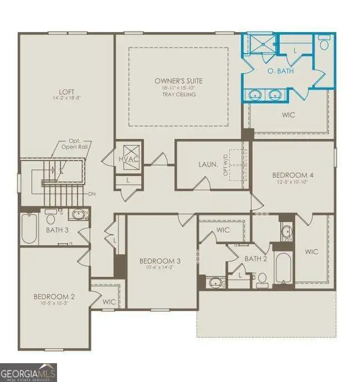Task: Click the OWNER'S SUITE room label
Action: click(x=178, y=81)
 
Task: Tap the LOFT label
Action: click(x=67, y=92)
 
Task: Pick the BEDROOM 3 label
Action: click(x=160, y=261)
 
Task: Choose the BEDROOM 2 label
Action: click(x=54, y=297)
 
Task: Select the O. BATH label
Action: click(x=280, y=71)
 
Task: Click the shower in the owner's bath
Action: click(x=260, y=43)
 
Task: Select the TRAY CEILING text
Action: click(x=178, y=95)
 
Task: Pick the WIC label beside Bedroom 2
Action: click(x=109, y=302)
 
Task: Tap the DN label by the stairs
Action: click(x=92, y=194)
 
